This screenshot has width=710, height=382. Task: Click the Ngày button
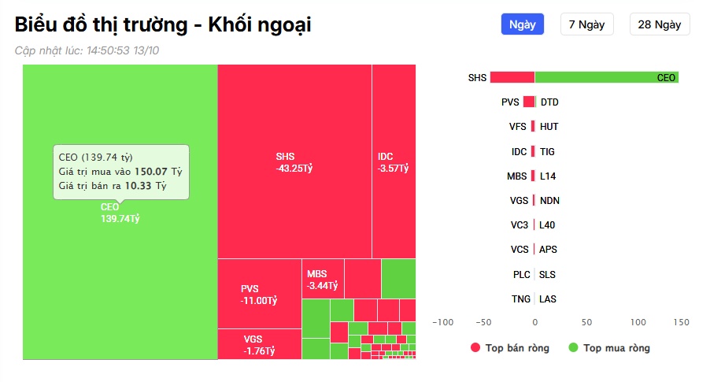[523, 24]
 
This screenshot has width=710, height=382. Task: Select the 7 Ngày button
[587, 24]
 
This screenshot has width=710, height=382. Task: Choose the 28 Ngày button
[660, 24]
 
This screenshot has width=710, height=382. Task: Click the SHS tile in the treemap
[294, 161]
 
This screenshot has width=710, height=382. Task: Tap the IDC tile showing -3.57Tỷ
[394, 161]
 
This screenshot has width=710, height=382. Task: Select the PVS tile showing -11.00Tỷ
[259, 294]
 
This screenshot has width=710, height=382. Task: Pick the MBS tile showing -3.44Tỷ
[323, 279]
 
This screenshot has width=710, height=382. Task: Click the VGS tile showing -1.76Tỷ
[259, 345]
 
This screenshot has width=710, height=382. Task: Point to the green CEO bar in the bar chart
[606, 77]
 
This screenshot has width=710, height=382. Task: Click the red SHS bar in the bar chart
[512, 77]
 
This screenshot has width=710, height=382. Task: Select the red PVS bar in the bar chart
[529, 102]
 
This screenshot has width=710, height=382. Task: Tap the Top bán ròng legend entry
[509, 347]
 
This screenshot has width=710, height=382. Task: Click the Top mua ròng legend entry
[608, 347]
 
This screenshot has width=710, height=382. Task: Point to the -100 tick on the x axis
[443, 322]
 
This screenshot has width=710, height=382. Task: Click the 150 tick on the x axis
[682, 322]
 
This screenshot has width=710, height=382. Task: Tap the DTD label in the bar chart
[549, 102]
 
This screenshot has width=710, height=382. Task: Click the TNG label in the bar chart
[520, 299]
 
